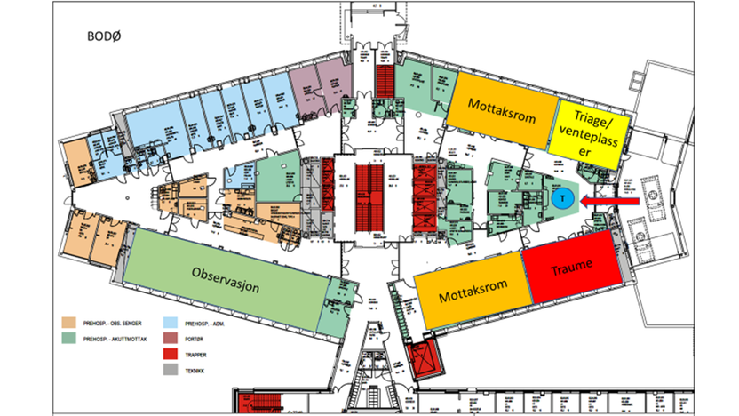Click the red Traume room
click(568, 268)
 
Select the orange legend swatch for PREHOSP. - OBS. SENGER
click(68, 321)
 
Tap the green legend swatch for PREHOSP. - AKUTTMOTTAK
click(68, 338)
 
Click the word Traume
click(568, 268)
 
